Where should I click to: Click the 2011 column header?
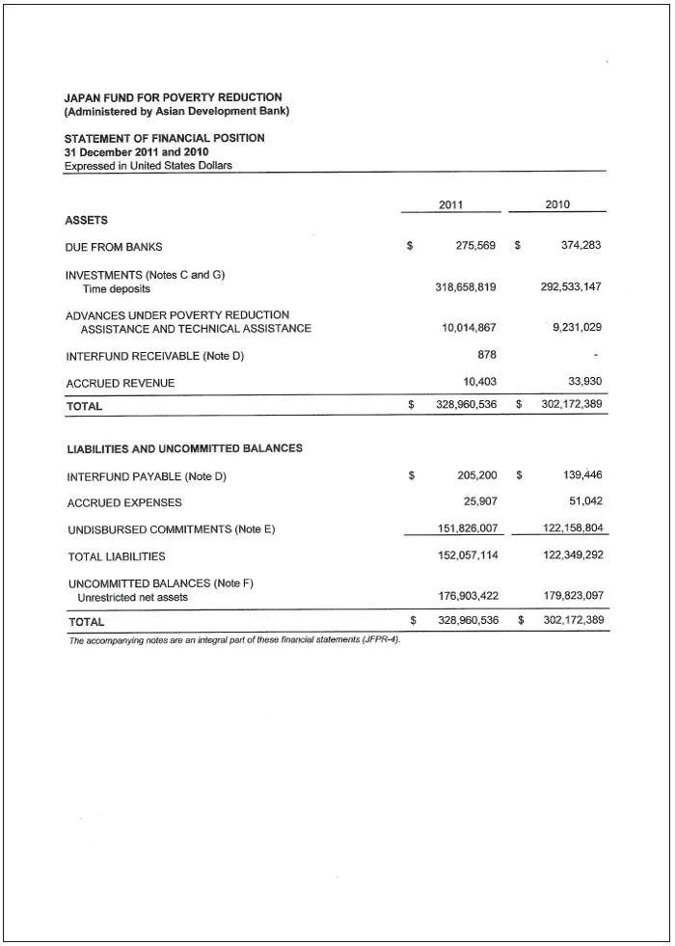(x=451, y=204)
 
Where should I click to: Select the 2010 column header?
(x=557, y=204)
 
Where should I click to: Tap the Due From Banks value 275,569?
(x=475, y=246)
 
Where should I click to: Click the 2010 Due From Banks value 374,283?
(x=580, y=246)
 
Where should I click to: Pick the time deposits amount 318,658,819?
(x=466, y=288)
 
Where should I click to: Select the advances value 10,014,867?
(x=469, y=329)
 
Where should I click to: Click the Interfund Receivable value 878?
(x=487, y=355)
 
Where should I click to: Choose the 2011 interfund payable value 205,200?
(x=477, y=475)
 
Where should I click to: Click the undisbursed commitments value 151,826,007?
(x=468, y=529)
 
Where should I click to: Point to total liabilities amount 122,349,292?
(x=573, y=556)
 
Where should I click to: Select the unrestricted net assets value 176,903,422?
(x=469, y=597)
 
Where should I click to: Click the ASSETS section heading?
(x=86, y=221)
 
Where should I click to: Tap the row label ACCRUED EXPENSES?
(x=124, y=503)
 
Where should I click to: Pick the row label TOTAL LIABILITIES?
(x=117, y=557)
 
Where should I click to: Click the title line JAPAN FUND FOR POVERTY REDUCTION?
(x=173, y=97)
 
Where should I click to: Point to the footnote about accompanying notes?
(x=234, y=640)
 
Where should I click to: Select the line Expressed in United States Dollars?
(x=148, y=166)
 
